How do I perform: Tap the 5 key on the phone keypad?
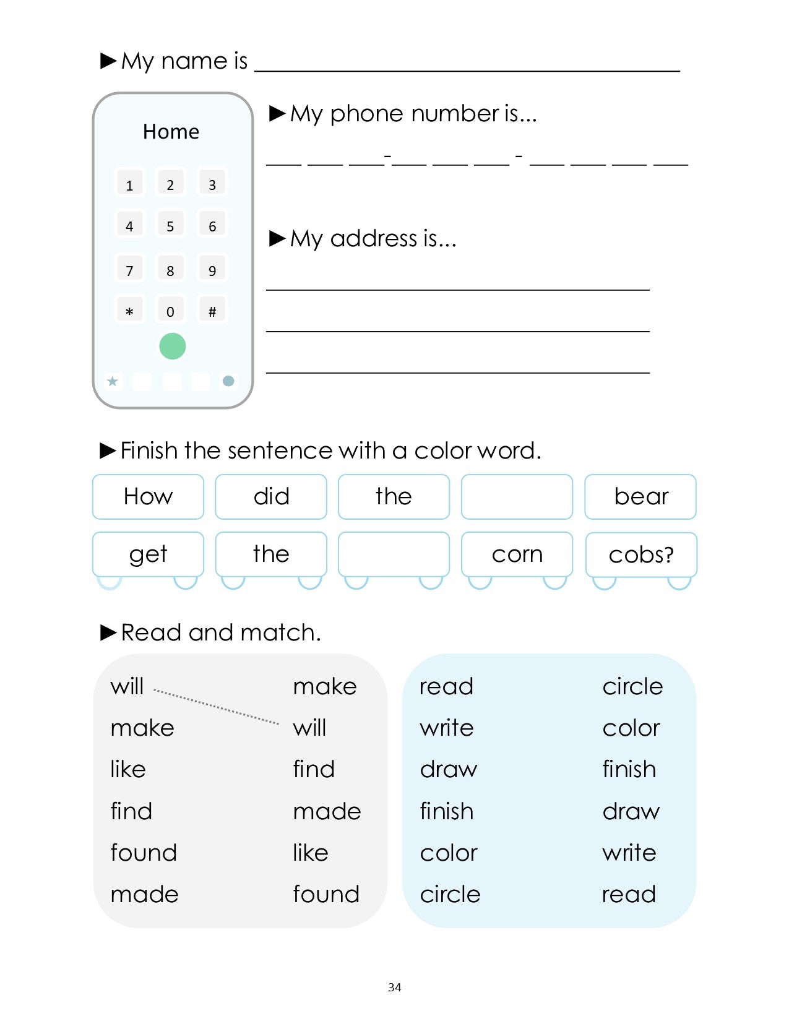pyautogui.click(x=170, y=225)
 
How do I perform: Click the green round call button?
pyautogui.click(x=172, y=346)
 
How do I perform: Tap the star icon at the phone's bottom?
pyautogui.click(x=113, y=381)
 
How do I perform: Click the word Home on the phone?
pyautogui.click(x=171, y=132)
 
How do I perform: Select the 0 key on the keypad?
pyautogui.click(x=170, y=311)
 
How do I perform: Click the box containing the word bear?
pyautogui.click(x=640, y=496)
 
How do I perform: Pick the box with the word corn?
pyautogui.click(x=517, y=554)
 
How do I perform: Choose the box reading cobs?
pyautogui.click(x=640, y=554)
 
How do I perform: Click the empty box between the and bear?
pyautogui.click(x=517, y=496)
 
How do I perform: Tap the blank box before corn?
pyautogui.click(x=394, y=554)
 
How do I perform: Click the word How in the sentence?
pyautogui.click(x=148, y=496)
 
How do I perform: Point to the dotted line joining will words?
pyautogui.click(x=216, y=706)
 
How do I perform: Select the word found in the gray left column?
pyautogui.click(x=144, y=853)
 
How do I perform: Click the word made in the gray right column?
pyautogui.click(x=327, y=811)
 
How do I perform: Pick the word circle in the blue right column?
pyautogui.click(x=632, y=686)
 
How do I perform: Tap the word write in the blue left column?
pyautogui.click(x=446, y=728)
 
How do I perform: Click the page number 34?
pyautogui.click(x=394, y=987)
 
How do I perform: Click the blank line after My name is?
pyautogui.click(x=467, y=65)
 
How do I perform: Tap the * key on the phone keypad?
pyautogui.click(x=129, y=311)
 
